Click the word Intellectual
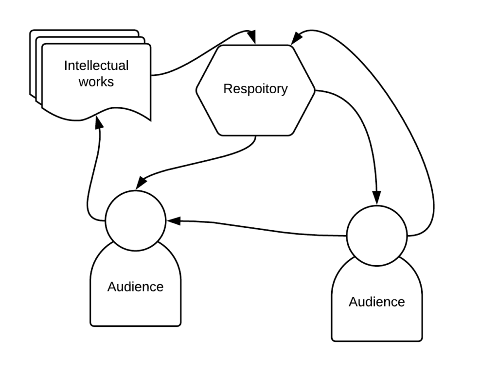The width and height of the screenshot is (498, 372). pos(96,66)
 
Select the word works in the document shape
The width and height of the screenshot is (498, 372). pos(96,81)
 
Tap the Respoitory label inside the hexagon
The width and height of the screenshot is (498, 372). pos(255,89)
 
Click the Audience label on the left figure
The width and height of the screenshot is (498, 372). pos(135,287)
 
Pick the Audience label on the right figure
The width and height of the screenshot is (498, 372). pos(376,302)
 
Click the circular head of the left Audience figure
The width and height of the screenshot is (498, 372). pos(135,221)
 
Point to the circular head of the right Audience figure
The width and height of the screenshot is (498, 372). pos(377,236)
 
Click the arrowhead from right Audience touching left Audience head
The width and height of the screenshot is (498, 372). pos(173,221)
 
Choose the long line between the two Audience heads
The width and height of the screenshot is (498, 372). pos(258,228)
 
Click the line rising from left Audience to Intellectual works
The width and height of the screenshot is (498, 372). pos(89,185)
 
